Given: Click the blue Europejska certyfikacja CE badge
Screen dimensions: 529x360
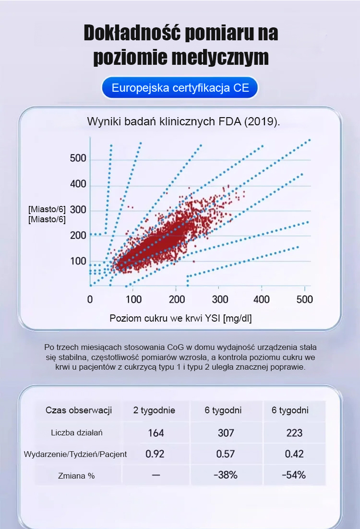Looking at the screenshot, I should click(180, 88).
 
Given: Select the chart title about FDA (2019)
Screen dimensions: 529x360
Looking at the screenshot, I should click(183, 121).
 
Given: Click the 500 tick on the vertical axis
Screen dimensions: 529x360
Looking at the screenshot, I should click(78, 159).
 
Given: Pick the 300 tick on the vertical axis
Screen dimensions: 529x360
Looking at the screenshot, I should click(78, 210).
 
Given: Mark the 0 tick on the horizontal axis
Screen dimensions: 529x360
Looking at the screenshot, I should click(90, 300).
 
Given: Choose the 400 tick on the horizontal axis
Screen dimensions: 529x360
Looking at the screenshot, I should click(262, 300).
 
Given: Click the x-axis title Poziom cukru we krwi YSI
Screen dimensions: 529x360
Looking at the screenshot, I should click(180, 318).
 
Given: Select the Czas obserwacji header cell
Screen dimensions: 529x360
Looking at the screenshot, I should click(79, 410).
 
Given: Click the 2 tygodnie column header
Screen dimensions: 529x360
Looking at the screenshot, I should click(154, 410).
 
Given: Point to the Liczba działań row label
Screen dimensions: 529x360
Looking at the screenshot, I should click(77, 433).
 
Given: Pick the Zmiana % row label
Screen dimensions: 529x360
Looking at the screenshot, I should click(77, 475).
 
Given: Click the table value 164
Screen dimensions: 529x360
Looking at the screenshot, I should click(156, 433).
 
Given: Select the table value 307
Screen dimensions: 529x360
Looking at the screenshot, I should click(226, 433).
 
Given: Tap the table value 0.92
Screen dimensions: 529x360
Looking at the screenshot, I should click(155, 454).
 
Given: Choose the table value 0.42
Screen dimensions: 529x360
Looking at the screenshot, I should click(294, 454).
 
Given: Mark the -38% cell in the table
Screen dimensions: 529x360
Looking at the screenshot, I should click(226, 475).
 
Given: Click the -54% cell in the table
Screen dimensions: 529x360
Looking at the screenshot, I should click(294, 475).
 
